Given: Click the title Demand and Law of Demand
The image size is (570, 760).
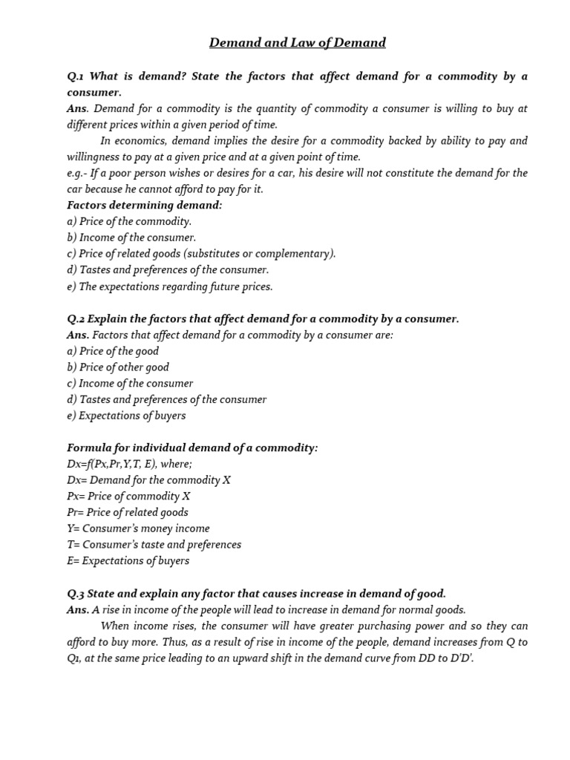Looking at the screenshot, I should pos(297,43).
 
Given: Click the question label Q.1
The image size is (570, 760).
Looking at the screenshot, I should pos(76,76).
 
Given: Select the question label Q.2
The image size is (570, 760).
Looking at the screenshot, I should pos(76,318).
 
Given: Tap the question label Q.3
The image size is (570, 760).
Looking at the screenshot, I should pos(76,593).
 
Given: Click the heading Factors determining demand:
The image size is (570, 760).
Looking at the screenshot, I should pos(144,205).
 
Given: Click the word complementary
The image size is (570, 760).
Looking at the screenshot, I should pos(295,254).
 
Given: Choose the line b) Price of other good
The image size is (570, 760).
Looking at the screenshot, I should pos(117,367).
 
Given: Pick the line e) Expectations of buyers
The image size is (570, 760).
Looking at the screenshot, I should pos(126,416).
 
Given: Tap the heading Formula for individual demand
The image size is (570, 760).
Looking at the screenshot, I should pos(191,448).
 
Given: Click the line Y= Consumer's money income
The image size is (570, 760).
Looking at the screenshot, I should pos(138,528).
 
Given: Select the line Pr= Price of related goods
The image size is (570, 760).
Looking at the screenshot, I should pos(127,512).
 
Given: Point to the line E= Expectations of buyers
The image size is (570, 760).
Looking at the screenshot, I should pos(128,561).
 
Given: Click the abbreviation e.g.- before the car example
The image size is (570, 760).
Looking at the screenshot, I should pos(79,173).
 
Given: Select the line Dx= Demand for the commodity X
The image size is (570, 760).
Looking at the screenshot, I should pos(148,480).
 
